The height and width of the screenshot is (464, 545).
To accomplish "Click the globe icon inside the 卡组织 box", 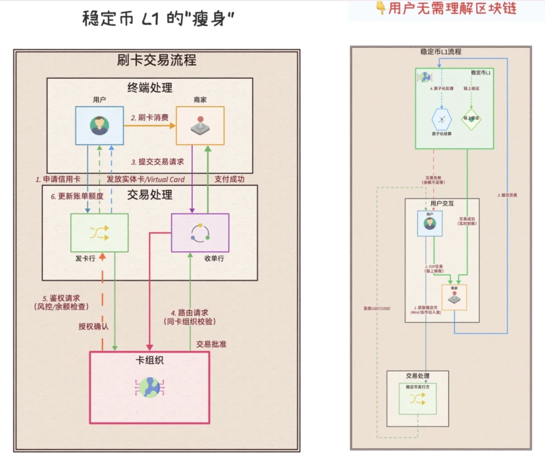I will [149, 387].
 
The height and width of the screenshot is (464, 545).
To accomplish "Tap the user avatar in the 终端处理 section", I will [99, 125].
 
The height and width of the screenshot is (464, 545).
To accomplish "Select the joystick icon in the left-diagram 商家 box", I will [200, 125].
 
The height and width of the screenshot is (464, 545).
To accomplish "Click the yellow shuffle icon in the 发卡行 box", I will [99, 233].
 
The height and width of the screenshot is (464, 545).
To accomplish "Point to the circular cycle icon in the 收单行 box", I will [200, 233].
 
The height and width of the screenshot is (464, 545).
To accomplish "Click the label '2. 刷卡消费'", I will [149, 117].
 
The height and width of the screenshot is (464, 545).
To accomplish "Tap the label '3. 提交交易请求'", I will [157, 162].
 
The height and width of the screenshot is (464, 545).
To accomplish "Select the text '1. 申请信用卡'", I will [58, 179].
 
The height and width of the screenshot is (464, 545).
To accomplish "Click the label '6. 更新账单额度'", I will [77, 196].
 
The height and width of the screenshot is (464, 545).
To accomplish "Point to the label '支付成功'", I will [229, 179].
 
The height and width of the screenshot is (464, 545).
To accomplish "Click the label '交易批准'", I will [211, 344].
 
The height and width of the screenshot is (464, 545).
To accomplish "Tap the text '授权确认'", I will [93, 326].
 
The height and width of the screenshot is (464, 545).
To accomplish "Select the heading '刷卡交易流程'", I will [157, 60].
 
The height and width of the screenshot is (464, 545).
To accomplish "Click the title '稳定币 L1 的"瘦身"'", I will [158, 18].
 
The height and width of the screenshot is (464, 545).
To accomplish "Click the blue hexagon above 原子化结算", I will [441, 119].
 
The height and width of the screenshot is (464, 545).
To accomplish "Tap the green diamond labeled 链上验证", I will [471, 119].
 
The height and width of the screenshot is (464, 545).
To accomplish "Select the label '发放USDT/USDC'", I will [377, 308].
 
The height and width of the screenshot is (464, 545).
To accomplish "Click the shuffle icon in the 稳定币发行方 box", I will [417, 399].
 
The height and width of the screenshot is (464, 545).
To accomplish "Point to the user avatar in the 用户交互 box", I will [430, 223].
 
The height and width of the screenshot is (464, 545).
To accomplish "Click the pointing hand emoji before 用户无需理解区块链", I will [380, 8].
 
